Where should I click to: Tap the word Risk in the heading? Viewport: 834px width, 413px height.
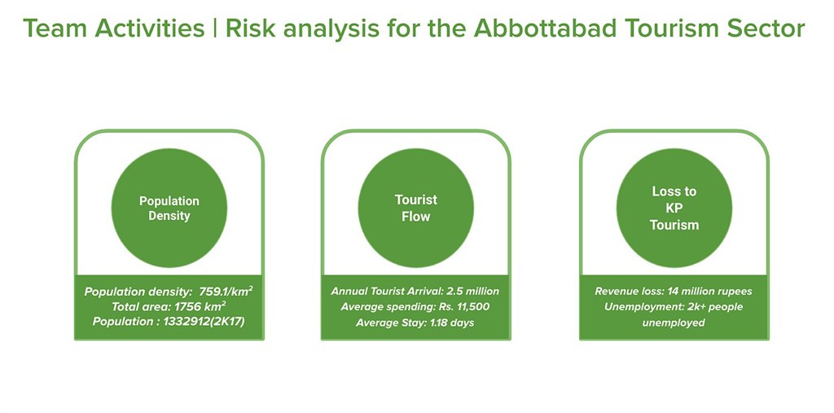[249, 29]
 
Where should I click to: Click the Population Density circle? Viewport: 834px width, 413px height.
[169, 208]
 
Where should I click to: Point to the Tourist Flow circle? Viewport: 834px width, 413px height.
[416, 208]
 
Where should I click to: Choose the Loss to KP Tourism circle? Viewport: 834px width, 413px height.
[674, 208]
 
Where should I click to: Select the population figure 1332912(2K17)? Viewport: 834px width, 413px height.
[204, 322]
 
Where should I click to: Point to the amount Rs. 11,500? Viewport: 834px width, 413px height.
[463, 307]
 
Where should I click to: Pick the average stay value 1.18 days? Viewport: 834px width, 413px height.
[451, 323]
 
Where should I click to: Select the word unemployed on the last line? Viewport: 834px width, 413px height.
[674, 323]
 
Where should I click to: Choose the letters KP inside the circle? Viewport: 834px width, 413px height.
[674, 208]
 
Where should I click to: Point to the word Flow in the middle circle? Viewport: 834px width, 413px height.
[416, 217]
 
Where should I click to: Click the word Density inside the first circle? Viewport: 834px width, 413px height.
[169, 216]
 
